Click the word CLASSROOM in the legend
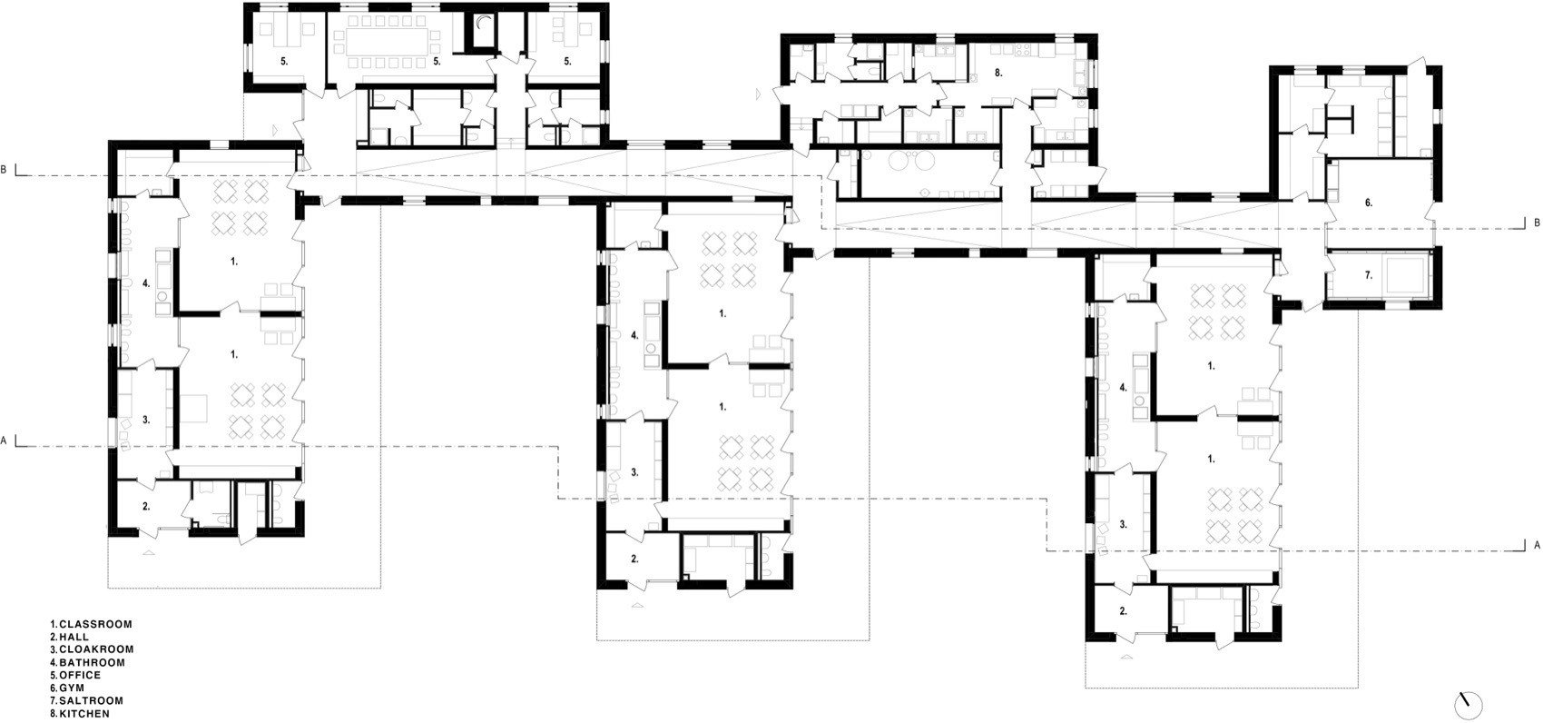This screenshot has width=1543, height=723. point(95,624)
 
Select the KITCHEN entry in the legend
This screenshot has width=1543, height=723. point(84,714)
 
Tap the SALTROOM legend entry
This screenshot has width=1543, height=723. point(91,701)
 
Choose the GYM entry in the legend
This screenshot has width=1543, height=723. point(72,688)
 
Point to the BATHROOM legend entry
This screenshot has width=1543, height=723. point(93,662)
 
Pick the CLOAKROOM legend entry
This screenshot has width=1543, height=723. point(96,649)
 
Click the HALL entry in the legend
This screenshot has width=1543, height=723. point(74,637)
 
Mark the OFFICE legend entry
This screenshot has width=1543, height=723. point(80,676)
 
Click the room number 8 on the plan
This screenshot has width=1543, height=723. point(998,73)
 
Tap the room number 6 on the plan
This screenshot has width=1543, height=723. point(1369,203)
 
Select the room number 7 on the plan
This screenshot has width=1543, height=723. point(1369,275)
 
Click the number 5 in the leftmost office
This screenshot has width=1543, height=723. point(284,62)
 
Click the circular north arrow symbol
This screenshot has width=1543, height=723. point(1469,706)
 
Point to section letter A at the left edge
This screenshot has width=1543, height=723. point(4,441)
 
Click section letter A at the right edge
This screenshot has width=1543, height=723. point(1537,545)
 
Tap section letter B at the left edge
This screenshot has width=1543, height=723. point(4,170)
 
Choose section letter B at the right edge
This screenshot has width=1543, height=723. point(1537,223)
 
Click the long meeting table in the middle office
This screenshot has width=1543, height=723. point(388,44)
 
